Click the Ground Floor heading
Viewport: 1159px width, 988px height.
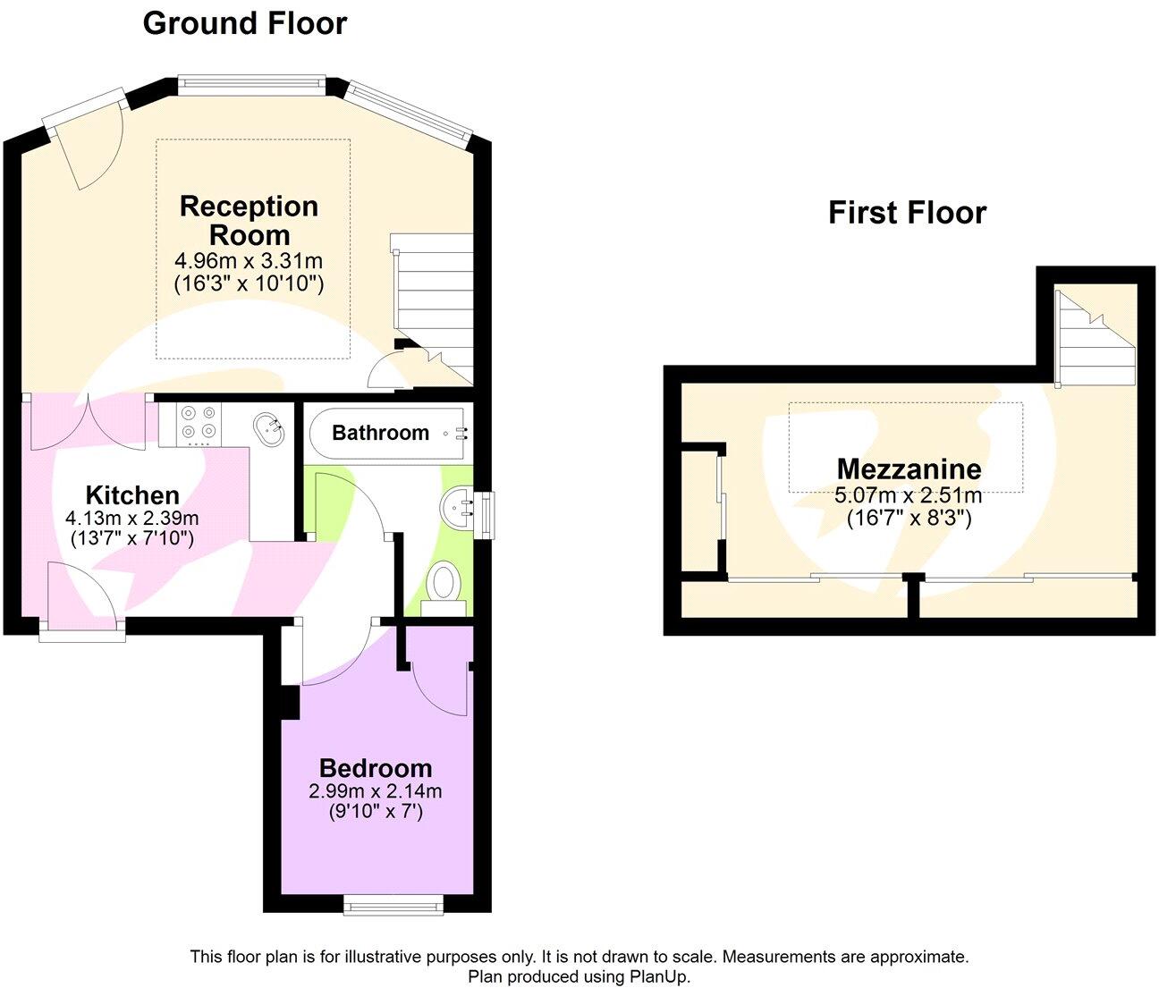tap(244, 23)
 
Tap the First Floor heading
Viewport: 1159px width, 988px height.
tap(907, 213)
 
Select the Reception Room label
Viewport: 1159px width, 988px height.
tap(249, 221)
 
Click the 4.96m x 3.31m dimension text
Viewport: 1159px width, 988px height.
tap(249, 262)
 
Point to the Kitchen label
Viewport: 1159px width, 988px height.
tap(132, 495)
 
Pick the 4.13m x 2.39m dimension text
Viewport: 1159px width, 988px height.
tap(132, 518)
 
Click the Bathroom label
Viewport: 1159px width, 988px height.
tap(380, 433)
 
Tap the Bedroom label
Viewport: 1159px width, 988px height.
tap(376, 768)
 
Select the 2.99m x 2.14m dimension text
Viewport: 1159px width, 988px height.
tap(376, 791)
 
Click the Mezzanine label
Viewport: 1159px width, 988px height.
tap(909, 469)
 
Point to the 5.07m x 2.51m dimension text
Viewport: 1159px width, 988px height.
tap(909, 495)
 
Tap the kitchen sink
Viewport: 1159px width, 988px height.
tap(268, 428)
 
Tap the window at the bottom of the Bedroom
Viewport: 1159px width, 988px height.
tap(393, 907)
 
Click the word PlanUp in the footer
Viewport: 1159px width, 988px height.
tap(662, 977)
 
